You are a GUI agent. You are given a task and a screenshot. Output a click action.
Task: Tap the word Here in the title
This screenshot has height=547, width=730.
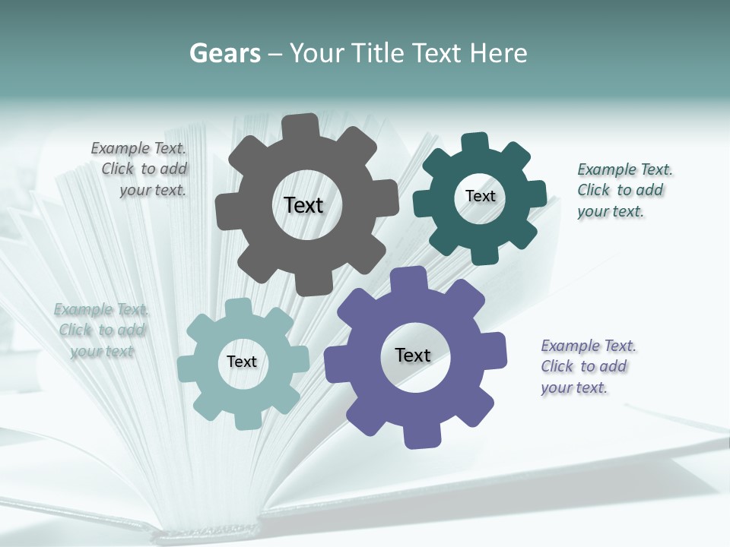498,53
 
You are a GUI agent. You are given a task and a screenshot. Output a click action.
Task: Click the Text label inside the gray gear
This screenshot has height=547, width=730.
303,205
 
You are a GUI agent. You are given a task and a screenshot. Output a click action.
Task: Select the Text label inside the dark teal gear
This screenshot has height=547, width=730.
480,196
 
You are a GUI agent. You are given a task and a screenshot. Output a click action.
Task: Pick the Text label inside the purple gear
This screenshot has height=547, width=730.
413,355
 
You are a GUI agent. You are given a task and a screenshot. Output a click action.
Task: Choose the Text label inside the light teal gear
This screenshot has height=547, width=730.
242,362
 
